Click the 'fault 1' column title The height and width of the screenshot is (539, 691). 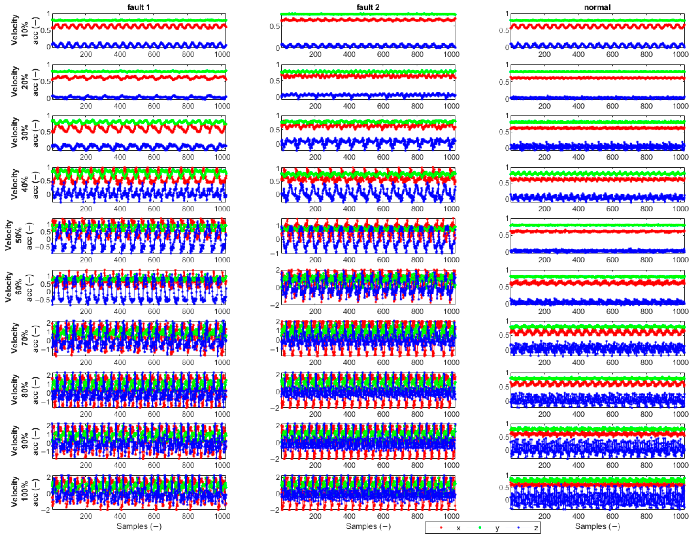coord(138,7)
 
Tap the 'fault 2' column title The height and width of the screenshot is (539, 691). coord(368,7)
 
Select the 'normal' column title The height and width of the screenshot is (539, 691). coord(597,7)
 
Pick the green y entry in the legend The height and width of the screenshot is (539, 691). coord(484,528)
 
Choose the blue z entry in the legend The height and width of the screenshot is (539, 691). coord(522,528)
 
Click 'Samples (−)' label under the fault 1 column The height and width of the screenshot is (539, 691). coord(139,526)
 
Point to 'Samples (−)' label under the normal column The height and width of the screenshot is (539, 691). coord(597,526)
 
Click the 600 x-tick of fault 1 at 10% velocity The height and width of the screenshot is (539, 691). coord(154,55)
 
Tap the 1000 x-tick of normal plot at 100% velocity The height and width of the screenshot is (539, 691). coord(680,516)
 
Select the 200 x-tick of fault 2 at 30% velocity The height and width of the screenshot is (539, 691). coord(315,157)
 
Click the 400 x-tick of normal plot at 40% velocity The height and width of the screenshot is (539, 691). coord(578,209)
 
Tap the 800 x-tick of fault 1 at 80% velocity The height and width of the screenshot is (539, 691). coord(188,414)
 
